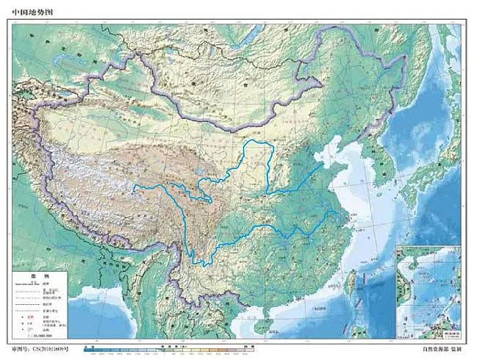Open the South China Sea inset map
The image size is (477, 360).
coord(428,289)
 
